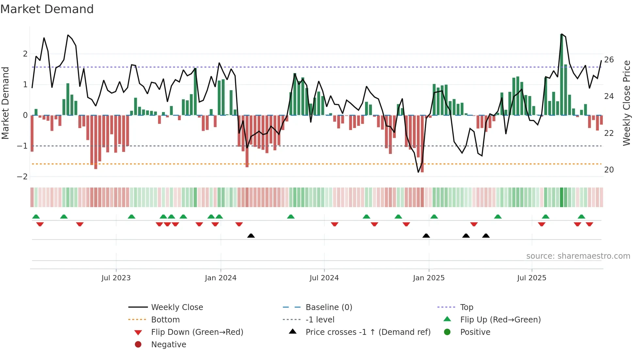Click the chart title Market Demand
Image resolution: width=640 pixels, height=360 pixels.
(47, 9)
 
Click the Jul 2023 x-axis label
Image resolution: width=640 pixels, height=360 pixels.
(116, 278)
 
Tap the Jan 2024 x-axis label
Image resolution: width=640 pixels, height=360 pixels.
(220, 278)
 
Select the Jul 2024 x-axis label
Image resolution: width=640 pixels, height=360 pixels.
(324, 278)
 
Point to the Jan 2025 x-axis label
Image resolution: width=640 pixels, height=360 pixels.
(428, 278)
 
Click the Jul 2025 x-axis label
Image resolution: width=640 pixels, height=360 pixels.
(532, 278)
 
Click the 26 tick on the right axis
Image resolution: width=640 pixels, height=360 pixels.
(609, 60)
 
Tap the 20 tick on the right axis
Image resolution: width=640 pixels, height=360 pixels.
(609, 170)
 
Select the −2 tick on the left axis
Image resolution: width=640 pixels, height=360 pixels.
(23, 177)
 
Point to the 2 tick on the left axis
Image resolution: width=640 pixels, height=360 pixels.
(25, 54)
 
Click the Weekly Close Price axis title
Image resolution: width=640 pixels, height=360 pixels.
(626, 103)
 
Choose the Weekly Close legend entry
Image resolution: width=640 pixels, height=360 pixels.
(177, 307)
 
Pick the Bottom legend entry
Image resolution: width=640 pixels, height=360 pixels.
(165, 320)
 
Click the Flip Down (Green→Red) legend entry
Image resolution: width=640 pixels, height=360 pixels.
(197, 332)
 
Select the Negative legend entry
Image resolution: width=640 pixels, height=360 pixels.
(168, 345)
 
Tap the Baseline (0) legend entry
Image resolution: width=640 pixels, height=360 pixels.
(328, 307)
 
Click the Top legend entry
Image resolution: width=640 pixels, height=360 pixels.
(467, 307)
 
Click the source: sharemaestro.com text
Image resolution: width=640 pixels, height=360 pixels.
(578, 256)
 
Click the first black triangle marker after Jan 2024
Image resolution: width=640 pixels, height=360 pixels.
(251, 236)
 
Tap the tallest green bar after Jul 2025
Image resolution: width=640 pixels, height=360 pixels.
(562, 75)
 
